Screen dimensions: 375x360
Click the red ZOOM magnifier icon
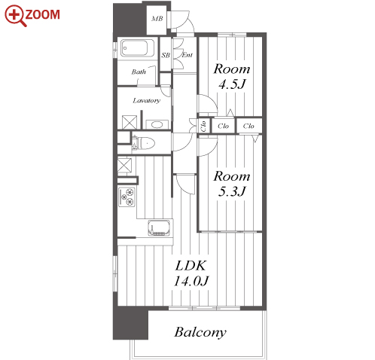[15, 16]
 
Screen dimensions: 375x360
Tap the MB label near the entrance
[157, 19]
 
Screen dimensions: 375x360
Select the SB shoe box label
[166, 55]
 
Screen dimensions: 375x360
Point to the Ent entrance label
[187, 55]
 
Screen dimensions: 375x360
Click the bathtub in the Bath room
[134, 48]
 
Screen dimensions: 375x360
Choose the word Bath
[139, 72]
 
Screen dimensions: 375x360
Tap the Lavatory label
[147, 101]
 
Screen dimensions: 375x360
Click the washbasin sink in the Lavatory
[157, 124]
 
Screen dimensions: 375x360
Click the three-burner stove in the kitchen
[127, 197]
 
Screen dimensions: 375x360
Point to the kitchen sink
[159, 228]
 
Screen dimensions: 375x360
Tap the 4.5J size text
[231, 84]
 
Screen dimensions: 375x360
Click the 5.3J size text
[231, 192]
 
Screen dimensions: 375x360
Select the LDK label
[191, 266]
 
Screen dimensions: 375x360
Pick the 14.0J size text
[191, 281]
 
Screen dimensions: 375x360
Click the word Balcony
[200, 332]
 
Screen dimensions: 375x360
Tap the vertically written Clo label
[203, 126]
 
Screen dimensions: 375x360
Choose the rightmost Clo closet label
[248, 126]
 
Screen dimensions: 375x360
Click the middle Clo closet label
[223, 126]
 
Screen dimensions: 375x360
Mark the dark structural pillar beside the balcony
[130, 323]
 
